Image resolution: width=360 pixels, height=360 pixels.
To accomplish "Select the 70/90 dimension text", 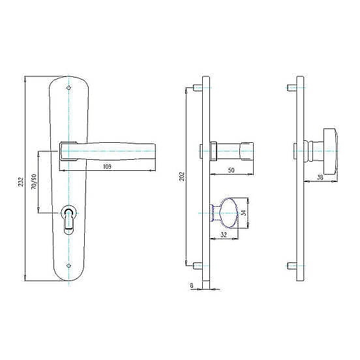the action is [34, 181].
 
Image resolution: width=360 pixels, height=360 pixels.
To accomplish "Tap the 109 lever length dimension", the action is [107, 166].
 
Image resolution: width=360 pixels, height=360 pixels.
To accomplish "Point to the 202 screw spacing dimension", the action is [182, 176].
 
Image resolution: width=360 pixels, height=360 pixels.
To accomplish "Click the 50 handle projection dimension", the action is [231, 170].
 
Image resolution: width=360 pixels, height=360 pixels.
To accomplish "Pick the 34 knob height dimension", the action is [245, 213].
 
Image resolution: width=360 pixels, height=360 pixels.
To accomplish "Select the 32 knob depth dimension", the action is [224, 234].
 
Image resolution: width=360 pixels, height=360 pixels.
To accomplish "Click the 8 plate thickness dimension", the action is [192, 286].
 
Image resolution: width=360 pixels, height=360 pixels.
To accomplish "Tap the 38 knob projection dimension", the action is [320, 177].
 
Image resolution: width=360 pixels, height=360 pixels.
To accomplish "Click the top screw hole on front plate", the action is [68, 87].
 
